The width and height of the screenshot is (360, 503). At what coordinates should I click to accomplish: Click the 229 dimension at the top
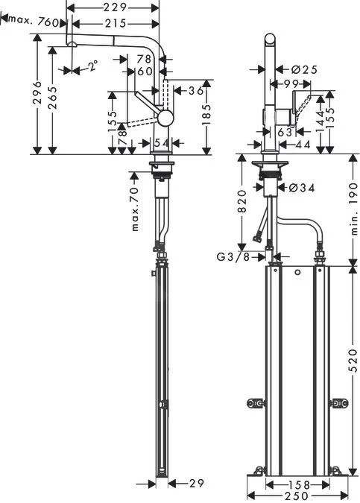coord(113,7)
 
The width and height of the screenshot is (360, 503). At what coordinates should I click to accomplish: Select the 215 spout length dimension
coord(113,24)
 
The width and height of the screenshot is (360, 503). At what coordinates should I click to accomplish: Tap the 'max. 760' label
coord(36,22)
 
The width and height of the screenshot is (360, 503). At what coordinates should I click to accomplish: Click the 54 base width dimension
coord(160,142)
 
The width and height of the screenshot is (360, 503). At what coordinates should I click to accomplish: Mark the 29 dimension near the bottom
coord(196,484)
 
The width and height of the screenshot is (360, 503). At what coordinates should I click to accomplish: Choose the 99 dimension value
coord(290,83)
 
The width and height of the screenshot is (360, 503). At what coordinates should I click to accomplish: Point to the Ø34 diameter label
coord(302,188)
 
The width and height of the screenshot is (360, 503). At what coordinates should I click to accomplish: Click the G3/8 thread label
coord(233,257)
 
